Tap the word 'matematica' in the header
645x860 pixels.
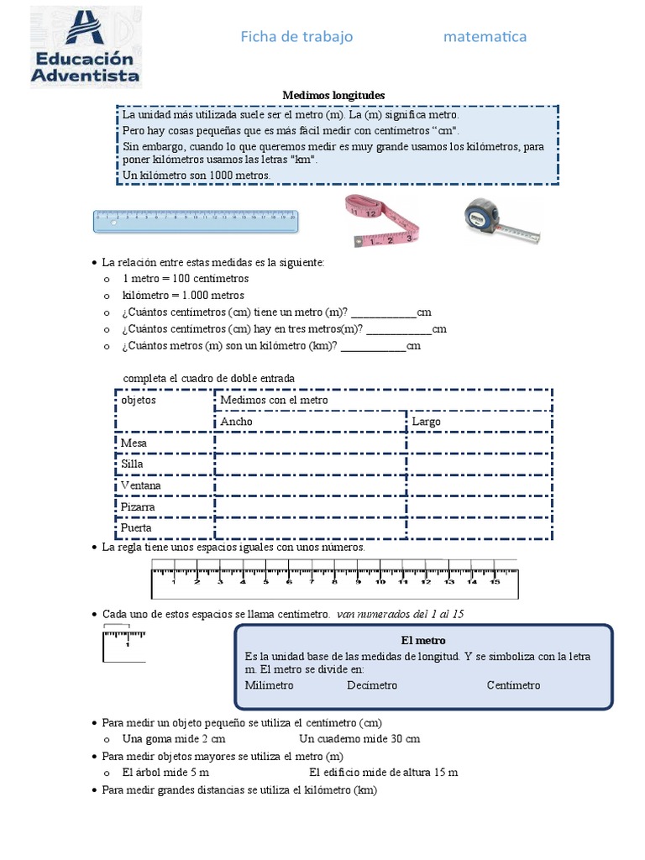point(485,36)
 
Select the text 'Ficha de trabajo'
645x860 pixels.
point(296,36)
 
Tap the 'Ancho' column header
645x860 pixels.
point(236,422)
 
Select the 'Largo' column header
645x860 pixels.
point(427,422)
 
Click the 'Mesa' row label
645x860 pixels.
point(134,443)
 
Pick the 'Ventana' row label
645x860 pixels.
point(140,485)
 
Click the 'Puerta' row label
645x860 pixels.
point(136,528)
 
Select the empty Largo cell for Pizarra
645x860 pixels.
point(479,507)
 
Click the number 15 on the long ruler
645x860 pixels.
point(494,581)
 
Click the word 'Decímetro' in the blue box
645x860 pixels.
point(372,685)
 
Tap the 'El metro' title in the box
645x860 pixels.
point(423,640)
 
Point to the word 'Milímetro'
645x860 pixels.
point(269,685)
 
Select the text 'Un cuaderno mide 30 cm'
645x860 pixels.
point(359,739)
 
